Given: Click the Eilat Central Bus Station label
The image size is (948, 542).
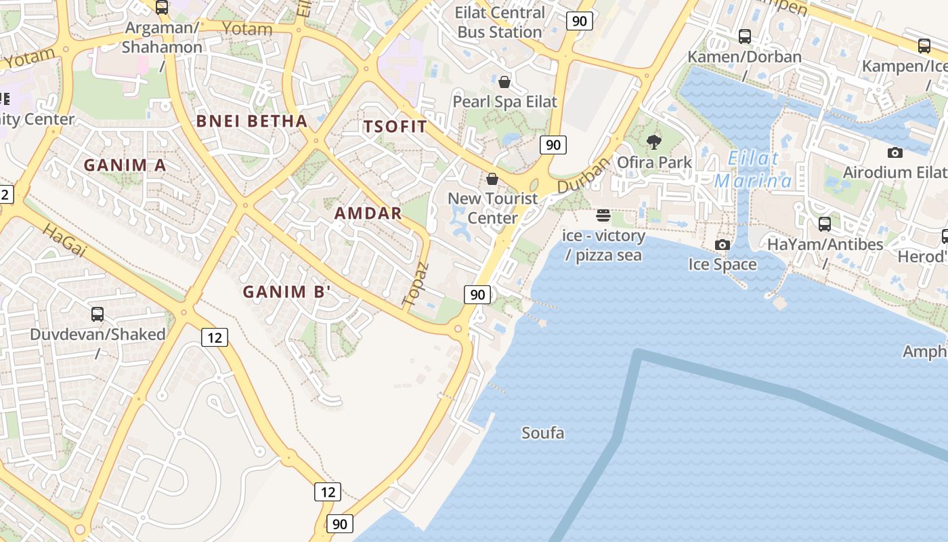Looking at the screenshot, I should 500,22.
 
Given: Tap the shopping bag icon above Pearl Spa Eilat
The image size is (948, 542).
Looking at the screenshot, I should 504,83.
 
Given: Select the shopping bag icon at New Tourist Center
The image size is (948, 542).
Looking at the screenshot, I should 492,179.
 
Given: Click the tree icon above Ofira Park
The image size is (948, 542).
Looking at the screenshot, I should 653,142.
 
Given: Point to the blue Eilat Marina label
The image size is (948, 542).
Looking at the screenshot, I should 753,170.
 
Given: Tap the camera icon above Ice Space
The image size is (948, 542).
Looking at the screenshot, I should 723,245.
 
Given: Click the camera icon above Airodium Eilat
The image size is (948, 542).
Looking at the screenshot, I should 895,153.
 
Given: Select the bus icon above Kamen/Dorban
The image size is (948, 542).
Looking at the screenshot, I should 745,37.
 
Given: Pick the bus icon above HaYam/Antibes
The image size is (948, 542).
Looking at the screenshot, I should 825,224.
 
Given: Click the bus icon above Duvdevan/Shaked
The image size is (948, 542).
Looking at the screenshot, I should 98,314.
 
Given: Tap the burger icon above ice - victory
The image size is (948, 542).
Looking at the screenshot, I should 603,216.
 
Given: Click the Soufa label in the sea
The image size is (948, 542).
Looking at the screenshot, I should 542,433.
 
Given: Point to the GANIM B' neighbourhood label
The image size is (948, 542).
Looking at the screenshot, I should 287,292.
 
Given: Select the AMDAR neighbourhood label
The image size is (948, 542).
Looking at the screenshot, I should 368,213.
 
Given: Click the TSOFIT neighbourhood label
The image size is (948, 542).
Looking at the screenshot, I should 395,127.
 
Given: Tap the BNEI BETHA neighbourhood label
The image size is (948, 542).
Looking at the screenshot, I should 251,122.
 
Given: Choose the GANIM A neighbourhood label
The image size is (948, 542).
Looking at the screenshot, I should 125,165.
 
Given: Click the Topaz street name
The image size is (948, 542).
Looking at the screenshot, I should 415,283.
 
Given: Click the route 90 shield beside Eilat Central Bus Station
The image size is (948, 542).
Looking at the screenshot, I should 579,21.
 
